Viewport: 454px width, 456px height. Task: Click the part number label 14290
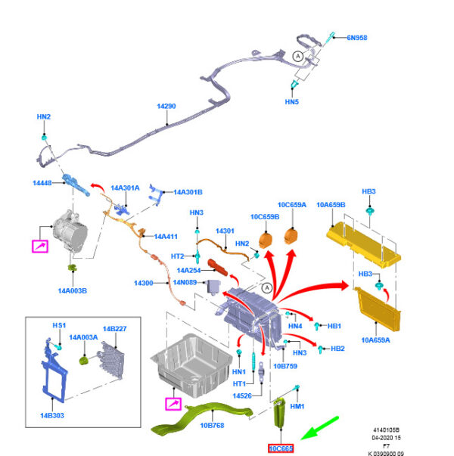coord(166,107)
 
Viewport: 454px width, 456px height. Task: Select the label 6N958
coord(356,37)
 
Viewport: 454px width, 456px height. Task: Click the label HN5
coord(292,101)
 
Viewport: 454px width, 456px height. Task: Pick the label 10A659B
coord(331,204)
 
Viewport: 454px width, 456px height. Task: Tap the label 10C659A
coord(291,205)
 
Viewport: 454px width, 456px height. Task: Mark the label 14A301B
coord(188,192)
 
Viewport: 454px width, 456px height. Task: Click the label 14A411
coord(166,237)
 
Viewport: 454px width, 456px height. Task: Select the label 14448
coord(42,183)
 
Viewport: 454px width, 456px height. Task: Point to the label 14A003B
coord(74,290)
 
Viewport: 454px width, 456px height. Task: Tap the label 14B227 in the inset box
coord(114,328)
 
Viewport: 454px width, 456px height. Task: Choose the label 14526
coord(242,396)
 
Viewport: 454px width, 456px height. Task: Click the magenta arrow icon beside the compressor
coord(39,245)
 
